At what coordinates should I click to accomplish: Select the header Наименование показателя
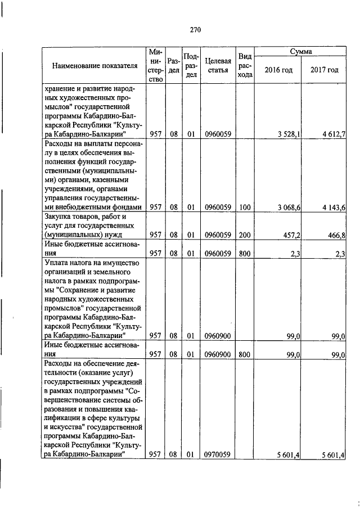[x=94, y=66]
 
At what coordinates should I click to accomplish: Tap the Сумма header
[x=301, y=52]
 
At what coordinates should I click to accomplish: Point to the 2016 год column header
[x=278, y=70]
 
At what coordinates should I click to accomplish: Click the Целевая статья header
[x=218, y=66]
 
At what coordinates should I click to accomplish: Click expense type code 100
[x=244, y=208]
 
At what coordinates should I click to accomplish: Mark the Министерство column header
[x=156, y=66]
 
